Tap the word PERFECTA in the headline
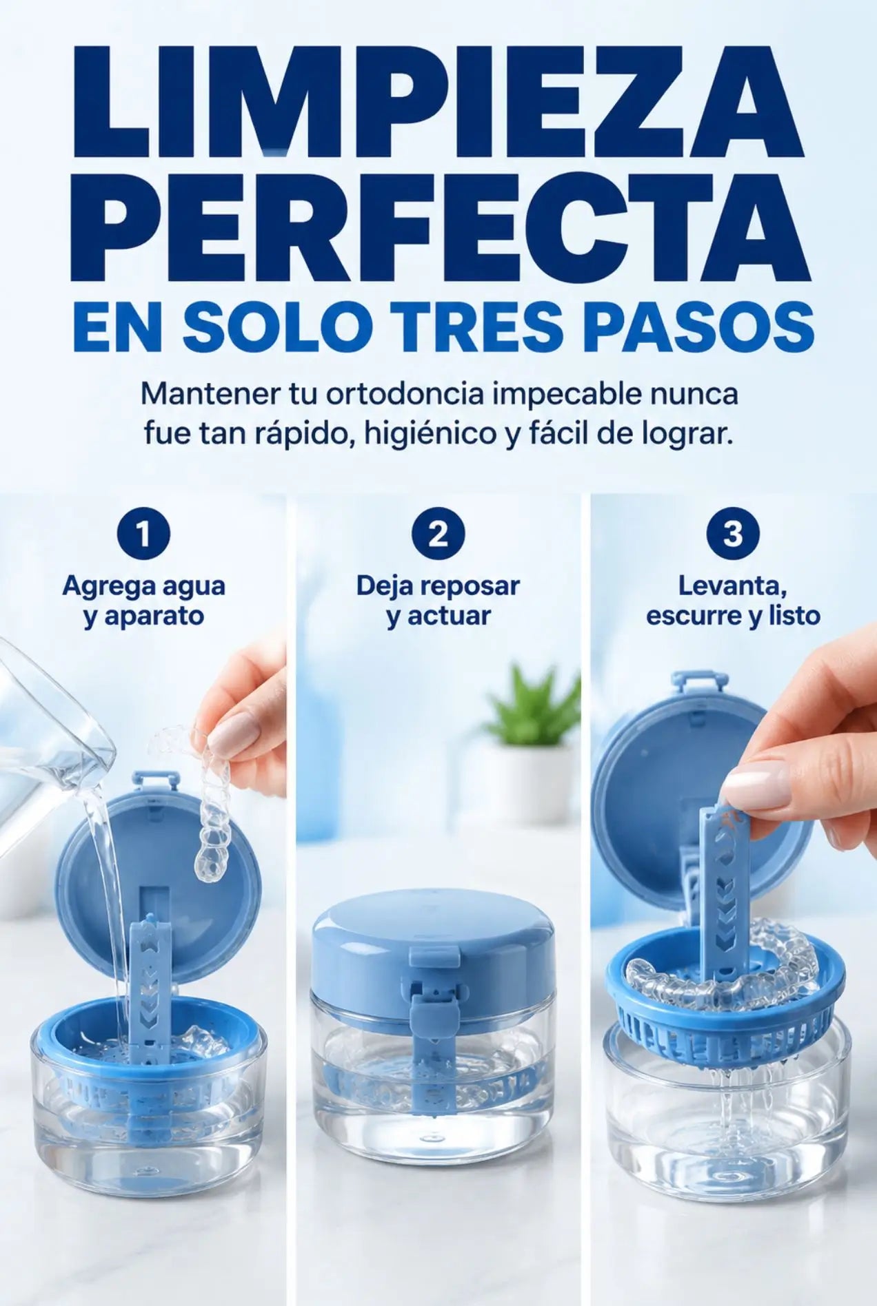coord(439,222)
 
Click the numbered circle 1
coord(143,535)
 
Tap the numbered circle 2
coord(438,535)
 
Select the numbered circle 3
coord(733,535)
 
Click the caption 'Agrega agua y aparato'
coord(144,601)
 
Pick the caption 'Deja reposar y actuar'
coord(438,601)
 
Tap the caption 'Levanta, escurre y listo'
coord(733,601)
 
